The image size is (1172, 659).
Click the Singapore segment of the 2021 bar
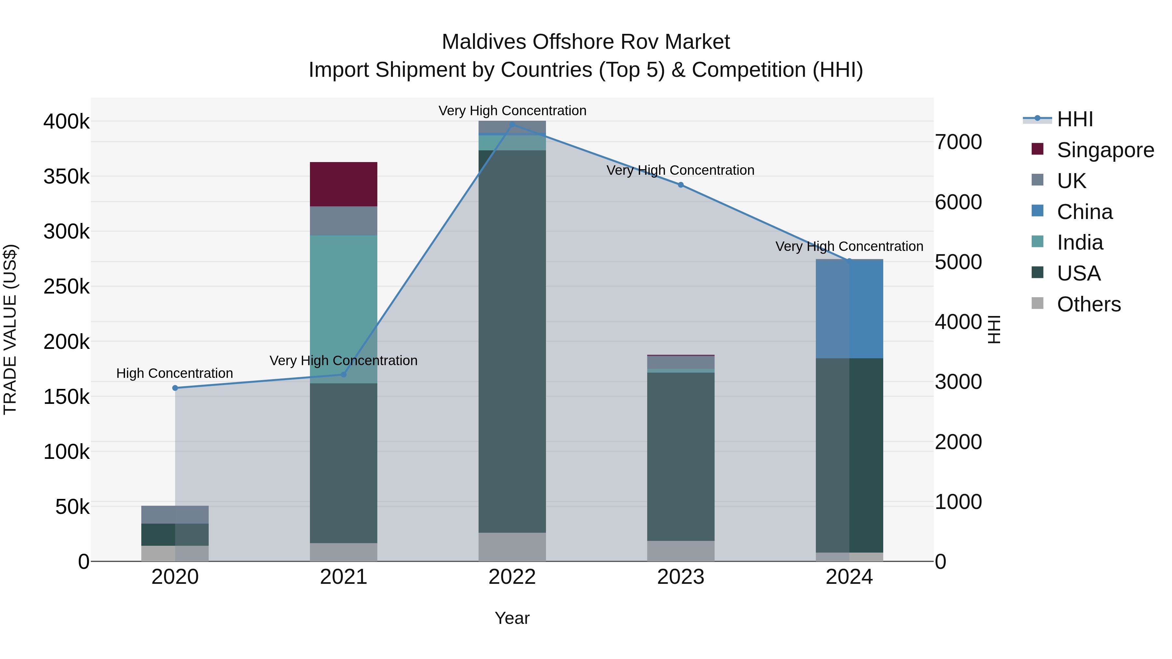coord(343,184)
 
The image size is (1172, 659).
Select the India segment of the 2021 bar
coord(343,309)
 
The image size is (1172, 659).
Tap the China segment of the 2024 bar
coord(849,309)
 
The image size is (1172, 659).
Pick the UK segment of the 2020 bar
coord(175,515)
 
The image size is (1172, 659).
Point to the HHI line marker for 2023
coord(681,185)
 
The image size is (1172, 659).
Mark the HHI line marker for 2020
coord(175,388)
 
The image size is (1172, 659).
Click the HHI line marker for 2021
coord(343,374)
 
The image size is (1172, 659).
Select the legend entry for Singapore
coord(1092,150)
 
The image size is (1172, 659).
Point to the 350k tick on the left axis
coord(67,176)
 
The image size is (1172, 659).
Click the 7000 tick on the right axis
coord(958,142)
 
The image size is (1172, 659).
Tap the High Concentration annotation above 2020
coord(175,373)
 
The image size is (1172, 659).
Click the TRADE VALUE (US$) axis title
coord(10,329)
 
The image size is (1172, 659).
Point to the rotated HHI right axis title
coord(995,329)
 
